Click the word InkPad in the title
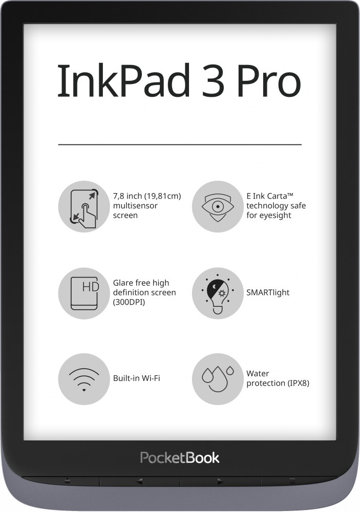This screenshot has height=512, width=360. coord(123,80)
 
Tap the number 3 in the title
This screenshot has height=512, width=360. coord(214,81)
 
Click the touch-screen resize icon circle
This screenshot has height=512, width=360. coord(84,206)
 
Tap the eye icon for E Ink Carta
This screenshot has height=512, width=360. coord(218,206)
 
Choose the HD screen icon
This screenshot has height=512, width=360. coord(84,293)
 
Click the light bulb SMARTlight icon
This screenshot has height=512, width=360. coord(218,293)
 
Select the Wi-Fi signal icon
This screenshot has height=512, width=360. coord(84,379)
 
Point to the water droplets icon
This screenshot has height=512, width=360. coord(218,379)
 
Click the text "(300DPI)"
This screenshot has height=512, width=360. coord(129,302)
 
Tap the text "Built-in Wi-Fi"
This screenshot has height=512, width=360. coord(137,378)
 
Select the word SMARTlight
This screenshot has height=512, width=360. coord(268,292)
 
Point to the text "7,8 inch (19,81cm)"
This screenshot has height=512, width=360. coord(147,196)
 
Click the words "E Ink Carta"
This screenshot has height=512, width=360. coord(267,196)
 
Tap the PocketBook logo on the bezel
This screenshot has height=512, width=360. coord(180,458)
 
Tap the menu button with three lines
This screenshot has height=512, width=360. coord(292,481)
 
